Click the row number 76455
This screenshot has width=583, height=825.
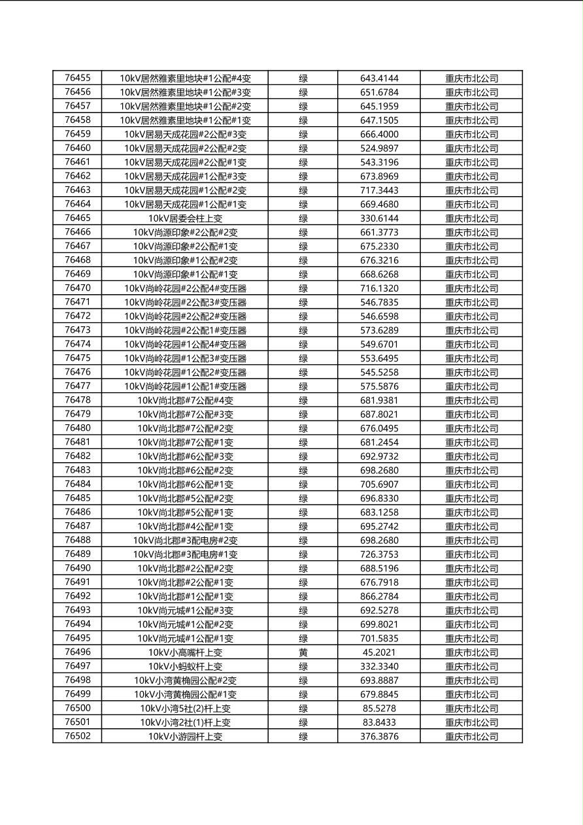78,78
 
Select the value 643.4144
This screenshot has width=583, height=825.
379,78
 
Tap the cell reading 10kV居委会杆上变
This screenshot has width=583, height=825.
185,218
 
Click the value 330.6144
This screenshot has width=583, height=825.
379,218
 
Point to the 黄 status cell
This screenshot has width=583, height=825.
303,652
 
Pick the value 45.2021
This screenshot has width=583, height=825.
379,652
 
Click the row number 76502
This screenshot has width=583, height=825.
78,736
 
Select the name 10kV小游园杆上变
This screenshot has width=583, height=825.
185,737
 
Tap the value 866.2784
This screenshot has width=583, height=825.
379,596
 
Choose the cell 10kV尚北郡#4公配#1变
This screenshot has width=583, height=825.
185,526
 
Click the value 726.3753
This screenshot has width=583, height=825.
379,554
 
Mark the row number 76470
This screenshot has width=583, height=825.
78,288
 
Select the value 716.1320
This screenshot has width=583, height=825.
379,288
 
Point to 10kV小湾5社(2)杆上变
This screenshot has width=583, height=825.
185,709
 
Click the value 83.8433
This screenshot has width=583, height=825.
379,722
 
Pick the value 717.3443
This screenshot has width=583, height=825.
379,190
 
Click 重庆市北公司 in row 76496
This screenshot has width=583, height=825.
471,652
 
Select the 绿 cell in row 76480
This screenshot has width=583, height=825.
303,428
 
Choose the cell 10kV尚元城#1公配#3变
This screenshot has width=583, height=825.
185,611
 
